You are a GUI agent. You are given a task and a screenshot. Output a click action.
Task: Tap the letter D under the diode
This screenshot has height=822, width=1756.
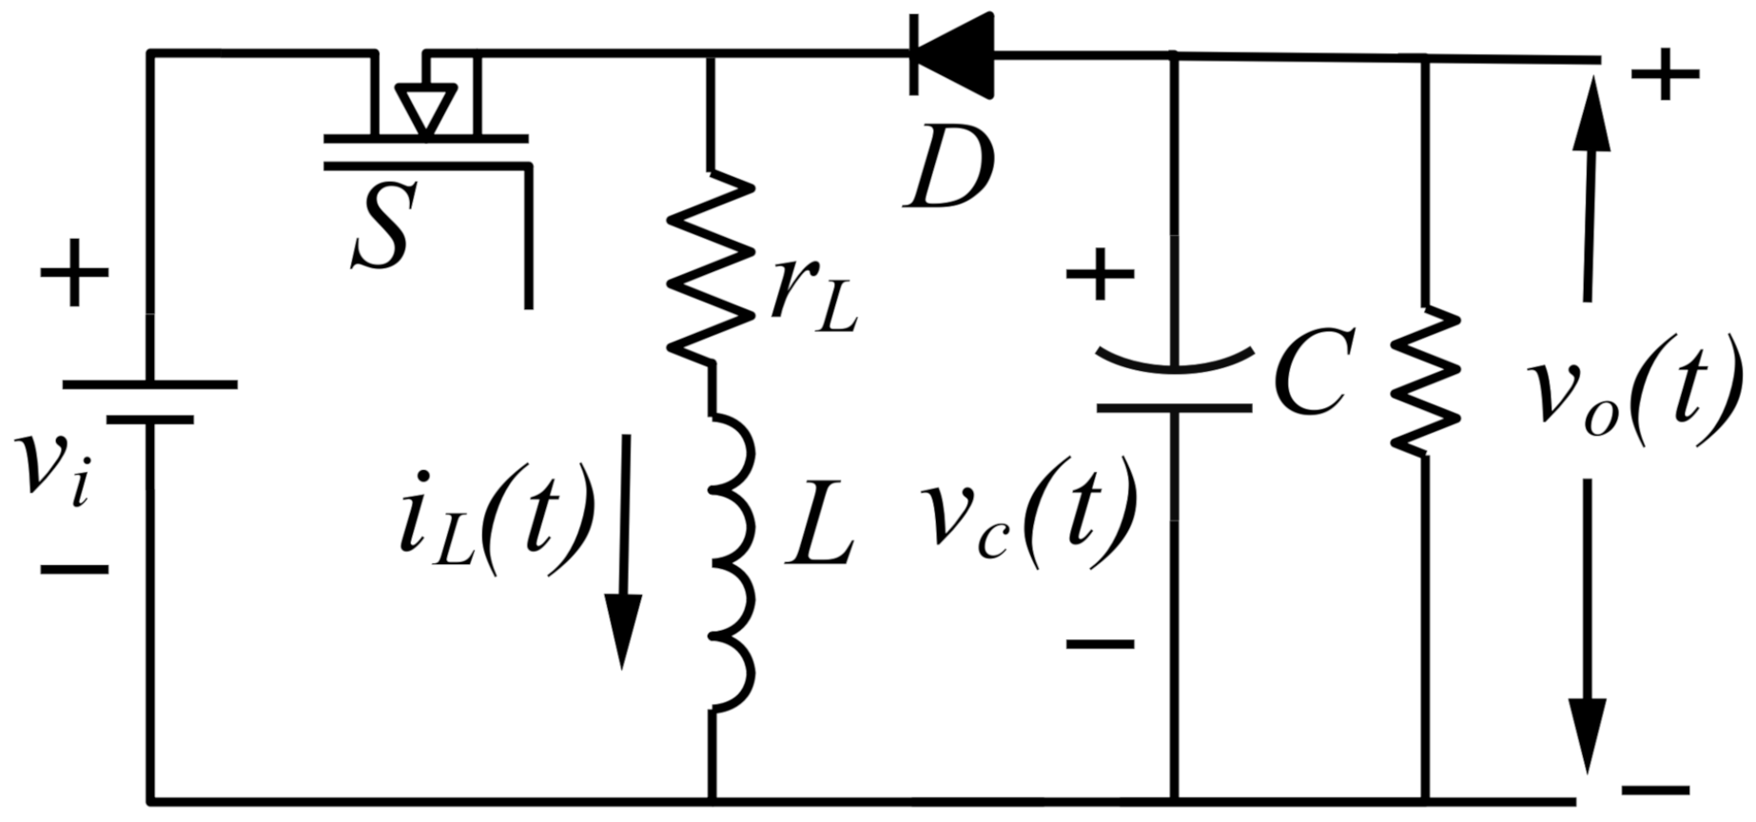pyautogui.click(x=949, y=168)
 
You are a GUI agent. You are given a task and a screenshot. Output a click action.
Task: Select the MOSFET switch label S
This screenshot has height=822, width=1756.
pyautogui.click(x=383, y=227)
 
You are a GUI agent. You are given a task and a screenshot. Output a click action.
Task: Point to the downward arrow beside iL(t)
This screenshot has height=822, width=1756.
pyautogui.click(x=624, y=552)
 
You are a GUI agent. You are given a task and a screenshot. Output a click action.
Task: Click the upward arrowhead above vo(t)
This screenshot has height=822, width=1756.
pyautogui.click(x=1590, y=119)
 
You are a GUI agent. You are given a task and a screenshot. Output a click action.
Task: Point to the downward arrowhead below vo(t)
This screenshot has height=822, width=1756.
pyautogui.click(x=1588, y=733)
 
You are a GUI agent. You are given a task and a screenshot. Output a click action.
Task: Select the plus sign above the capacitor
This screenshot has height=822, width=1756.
pyautogui.click(x=1100, y=274)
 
